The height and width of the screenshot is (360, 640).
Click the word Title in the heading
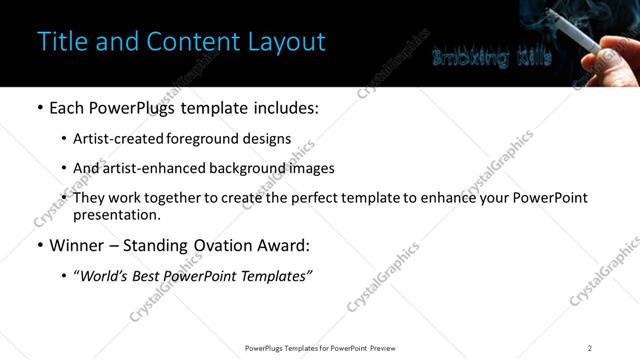59,42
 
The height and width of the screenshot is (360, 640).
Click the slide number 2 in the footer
590,348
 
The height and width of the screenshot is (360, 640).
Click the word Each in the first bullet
66,106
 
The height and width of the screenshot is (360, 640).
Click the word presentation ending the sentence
117,214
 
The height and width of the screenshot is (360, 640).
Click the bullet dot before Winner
39,244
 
